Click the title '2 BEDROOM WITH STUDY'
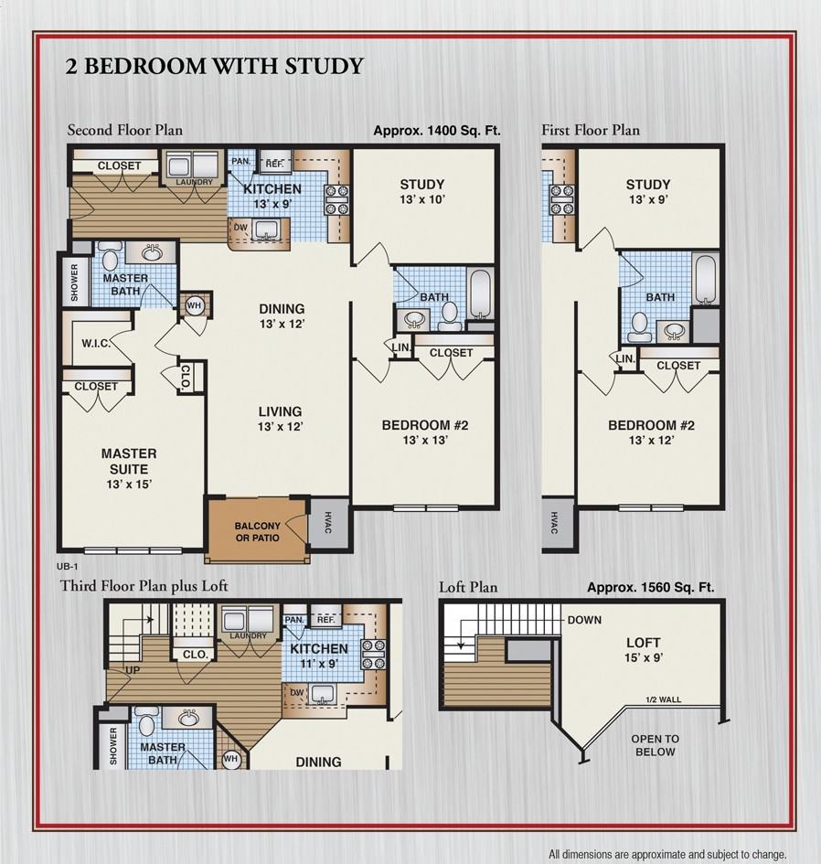(215, 66)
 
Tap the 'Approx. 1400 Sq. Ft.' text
(437, 131)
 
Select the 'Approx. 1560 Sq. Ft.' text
(650, 588)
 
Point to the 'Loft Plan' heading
(468, 587)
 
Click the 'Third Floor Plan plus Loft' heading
(144, 585)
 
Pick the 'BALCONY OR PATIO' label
(257, 532)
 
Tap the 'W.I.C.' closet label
(96, 345)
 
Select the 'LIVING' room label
(279, 411)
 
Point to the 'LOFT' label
(643, 643)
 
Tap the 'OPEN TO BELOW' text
(656, 745)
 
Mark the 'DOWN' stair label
(584, 620)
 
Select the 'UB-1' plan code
(67, 567)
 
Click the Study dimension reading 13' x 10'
(421, 199)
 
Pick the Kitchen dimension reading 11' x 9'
(318, 665)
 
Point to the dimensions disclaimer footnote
(666, 854)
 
